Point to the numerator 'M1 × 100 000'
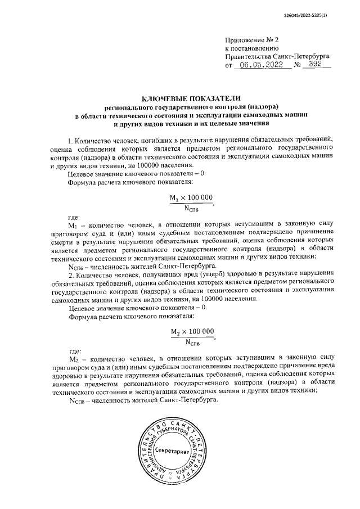tap(192, 197)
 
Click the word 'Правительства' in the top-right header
tap(247, 56)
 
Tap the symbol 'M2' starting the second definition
tap(72, 358)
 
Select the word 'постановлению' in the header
tap(255, 48)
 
